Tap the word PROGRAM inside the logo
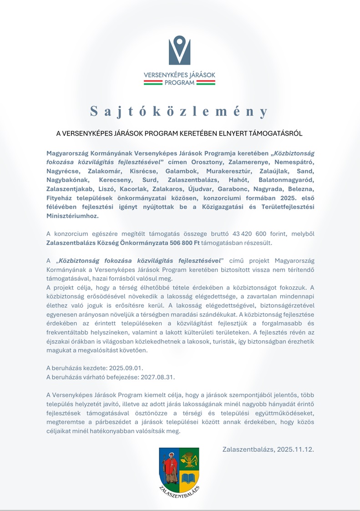pyautogui.click(x=179, y=83)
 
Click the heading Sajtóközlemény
pyautogui.click(x=179, y=111)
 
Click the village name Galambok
pyautogui.click(x=183, y=172)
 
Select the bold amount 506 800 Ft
pyautogui.click(x=177, y=243)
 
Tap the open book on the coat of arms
pyautogui.click(x=189, y=478)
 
